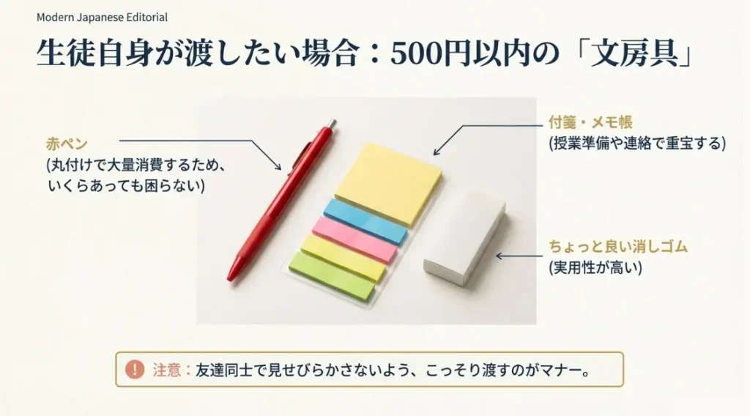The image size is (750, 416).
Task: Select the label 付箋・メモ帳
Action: pos(590,122)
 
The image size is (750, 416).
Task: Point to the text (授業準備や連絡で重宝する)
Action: pos(636,144)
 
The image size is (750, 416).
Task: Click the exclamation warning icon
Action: pos(135,370)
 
